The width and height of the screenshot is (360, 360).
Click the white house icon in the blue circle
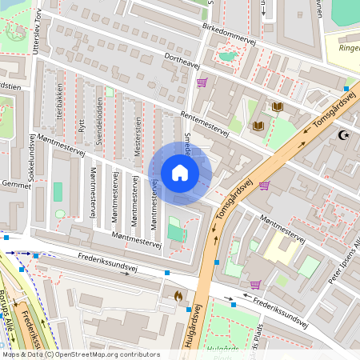point(180,173)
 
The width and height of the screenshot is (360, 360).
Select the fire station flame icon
point(178,295)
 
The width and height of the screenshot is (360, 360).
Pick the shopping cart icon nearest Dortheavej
point(202,82)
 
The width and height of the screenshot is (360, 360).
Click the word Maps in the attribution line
point(11,354)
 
